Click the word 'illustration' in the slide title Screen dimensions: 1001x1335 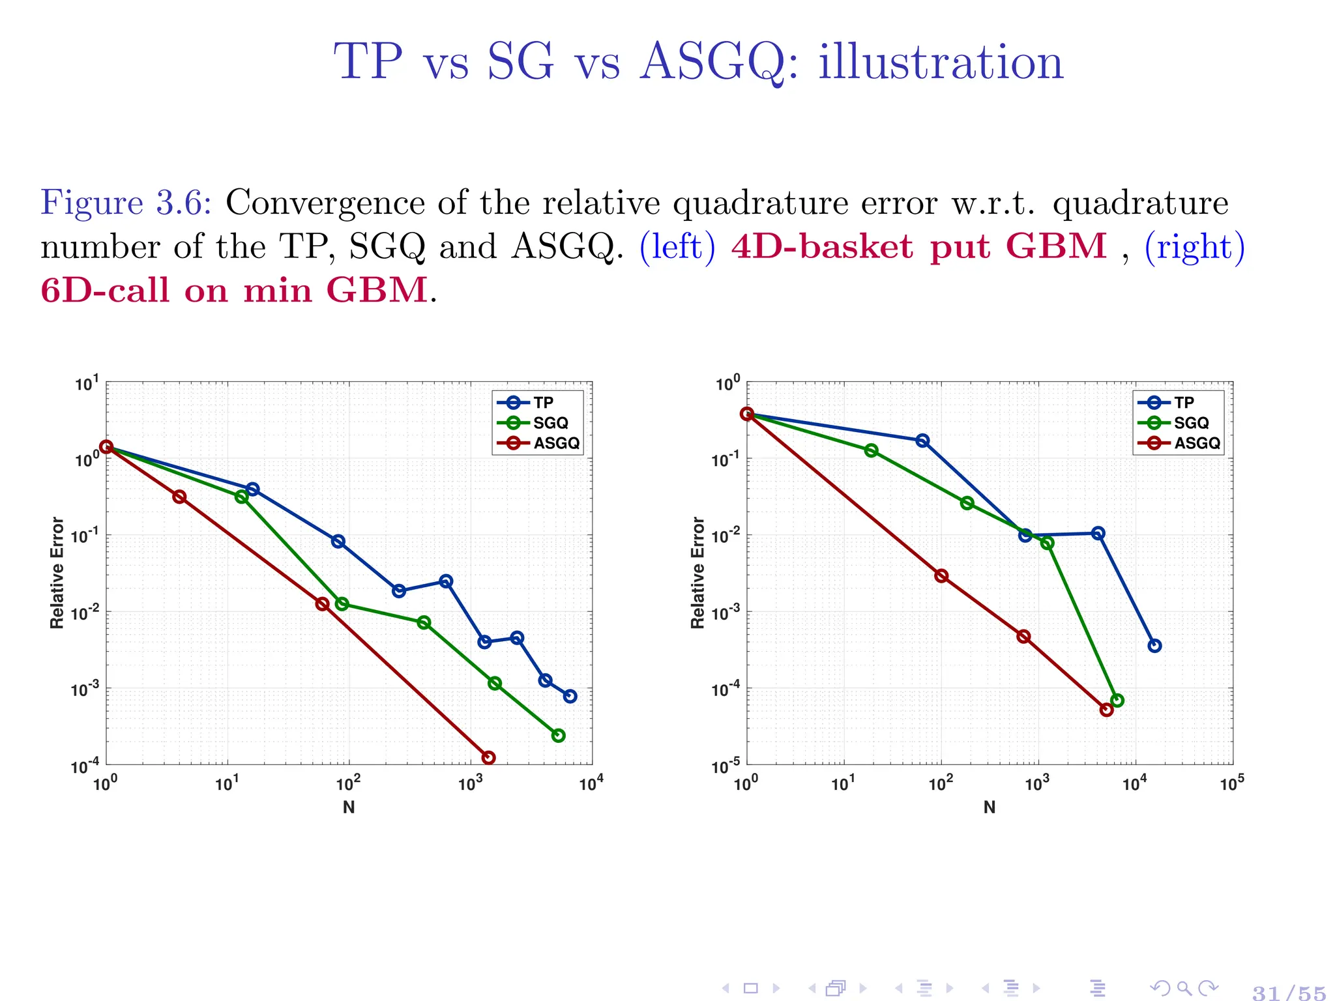coord(941,63)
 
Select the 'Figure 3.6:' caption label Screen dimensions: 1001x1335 coord(126,203)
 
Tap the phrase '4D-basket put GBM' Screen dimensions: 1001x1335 coord(919,246)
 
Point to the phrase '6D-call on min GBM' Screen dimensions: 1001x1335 coord(234,290)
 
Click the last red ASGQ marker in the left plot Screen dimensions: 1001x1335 coord(488,757)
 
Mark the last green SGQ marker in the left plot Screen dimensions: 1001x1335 coord(558,735)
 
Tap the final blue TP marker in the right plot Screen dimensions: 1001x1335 coord(1154,646)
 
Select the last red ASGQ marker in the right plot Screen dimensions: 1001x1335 coord(1106,710)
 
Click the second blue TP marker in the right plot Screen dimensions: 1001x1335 coord(922,441)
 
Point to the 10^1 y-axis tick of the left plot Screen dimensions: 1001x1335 coord(87,384)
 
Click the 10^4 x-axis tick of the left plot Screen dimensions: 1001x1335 coord(591,783)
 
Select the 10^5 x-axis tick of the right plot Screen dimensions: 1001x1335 coord(1231,783)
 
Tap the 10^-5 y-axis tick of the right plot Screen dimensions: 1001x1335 coord(726,766)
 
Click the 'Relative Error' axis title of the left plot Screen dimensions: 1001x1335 coord(57,573)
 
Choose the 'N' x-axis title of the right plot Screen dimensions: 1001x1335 coord(990,807)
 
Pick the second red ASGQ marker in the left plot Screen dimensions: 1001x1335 coord(179,497)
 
